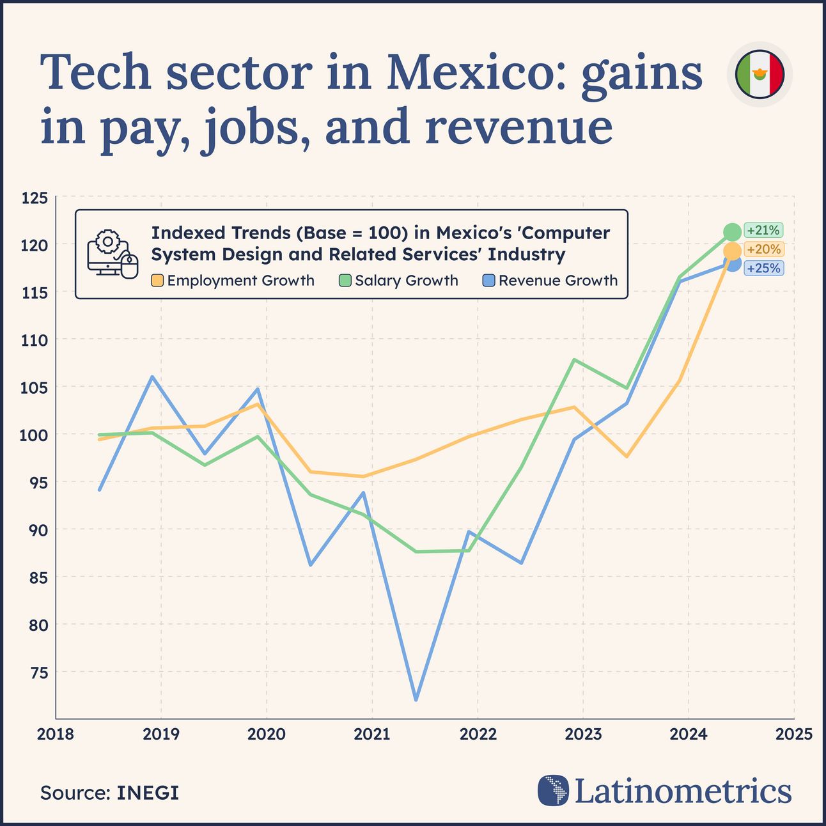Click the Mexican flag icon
pyautogui.click(x=760, y=75)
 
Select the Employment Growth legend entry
pyautogui.click(x=233, y=281)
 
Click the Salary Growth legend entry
pyautogui.click(x=399, y=281)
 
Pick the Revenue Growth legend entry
pyautogui.click(x=550, y=281)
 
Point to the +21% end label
pyautogui.click(x=763, y=230)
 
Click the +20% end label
pyautogui.click(x=763, y=249)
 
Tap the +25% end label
pyautogui.click(x=763, y=268)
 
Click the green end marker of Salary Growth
pyautogui.click(x=732, y=232)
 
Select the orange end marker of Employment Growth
pyautogui.click(x=733, y=251)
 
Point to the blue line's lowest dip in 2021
pyautogui.click(x=416, y=699)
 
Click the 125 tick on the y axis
pyautogui.click(x=35, y=198)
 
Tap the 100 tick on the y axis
pyautogui.click(x=35, y=435)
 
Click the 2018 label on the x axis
pyautogui.click(x=56, y=735)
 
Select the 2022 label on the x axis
pyautogui.click(x=478, y=735)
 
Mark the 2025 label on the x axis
pyautogui.click(x=793, y=735)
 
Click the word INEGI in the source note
pyautogui.click(x=147, y=793)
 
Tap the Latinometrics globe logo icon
pyautogui.click(x=553, y=791)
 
